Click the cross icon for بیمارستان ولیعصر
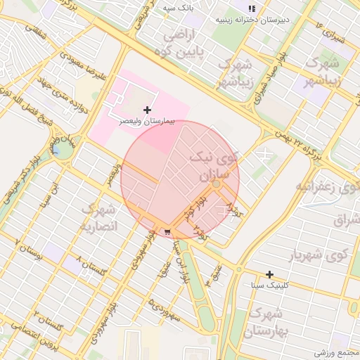(x=147, y=110)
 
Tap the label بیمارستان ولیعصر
(x=147, y=121)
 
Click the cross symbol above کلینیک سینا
(x=269, y=274)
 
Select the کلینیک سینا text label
(x=269, y=286)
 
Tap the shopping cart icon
(x=167, y=231)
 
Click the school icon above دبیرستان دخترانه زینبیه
(x=250, y=9)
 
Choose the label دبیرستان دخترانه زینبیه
(x=250, y=20)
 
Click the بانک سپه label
(x=176, y=8)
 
